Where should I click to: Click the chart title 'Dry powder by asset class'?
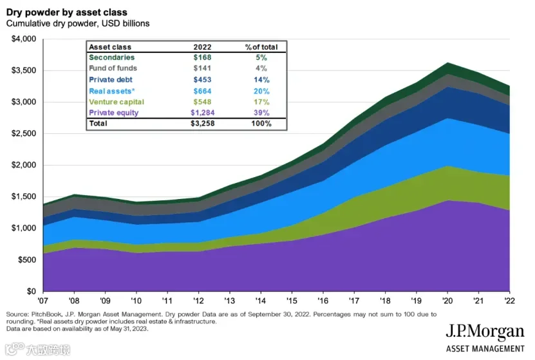pos(67,12)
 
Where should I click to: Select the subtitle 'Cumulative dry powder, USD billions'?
pos(78,24)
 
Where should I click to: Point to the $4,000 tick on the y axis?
pos(24,39)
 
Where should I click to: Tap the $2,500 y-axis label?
pos(24,133)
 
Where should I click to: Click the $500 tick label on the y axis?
pos(27,260)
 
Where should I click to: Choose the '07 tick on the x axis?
pos(43,301)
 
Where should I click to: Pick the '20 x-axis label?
pos(447,301)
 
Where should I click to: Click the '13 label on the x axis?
pos(230,301)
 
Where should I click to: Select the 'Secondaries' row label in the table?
pos(111,57)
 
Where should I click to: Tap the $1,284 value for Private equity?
pos(202,113)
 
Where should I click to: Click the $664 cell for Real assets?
pos(202,91)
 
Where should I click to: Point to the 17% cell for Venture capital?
pos(261,102)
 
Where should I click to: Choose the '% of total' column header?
pos(261,47)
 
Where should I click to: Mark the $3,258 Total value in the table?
pos(202,124)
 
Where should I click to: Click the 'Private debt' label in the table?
pos(111,80)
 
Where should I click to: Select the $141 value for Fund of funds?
pos(202,68)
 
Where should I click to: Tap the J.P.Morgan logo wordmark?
pos(485,332)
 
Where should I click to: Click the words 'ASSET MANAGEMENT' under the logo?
pos(485,349)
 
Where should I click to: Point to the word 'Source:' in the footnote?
pos(17,314)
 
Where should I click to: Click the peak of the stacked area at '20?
pos(447,62)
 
